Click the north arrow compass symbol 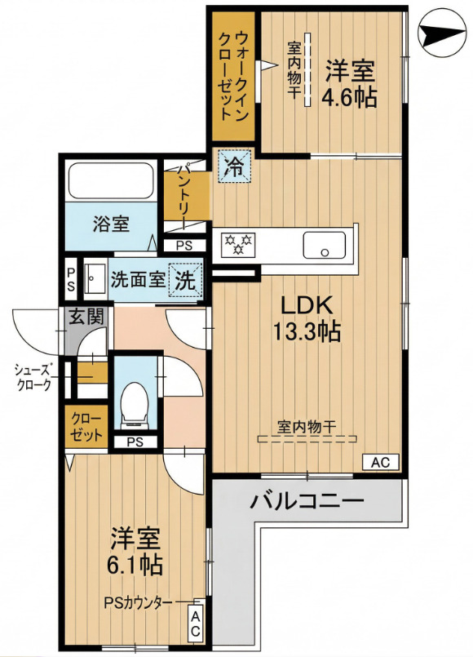443,33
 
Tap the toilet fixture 135,405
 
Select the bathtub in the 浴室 111,180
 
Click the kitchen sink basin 325,245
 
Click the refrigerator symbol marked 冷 233,166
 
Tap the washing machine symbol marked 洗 185,279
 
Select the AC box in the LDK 381,462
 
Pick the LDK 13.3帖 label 307,318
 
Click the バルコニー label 307,501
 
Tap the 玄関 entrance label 86,317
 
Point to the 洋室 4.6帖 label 350,83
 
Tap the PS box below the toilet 135,442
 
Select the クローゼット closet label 86,426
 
